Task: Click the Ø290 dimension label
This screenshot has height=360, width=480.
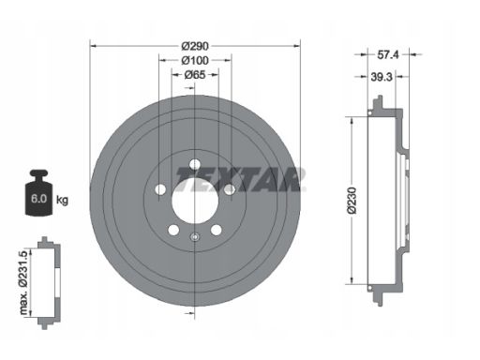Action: tap(195, 46)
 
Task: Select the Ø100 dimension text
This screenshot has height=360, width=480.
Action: tap(195, 60)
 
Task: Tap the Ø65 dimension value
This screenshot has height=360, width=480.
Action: tap(195, 75)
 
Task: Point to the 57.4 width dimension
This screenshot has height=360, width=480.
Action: tap(388, 55)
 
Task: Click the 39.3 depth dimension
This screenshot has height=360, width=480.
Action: tap(382, 77)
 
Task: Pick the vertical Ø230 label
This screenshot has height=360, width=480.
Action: tap(352, 201)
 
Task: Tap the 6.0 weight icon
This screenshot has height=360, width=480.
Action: tap(38, 193)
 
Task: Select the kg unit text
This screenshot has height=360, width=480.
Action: tap(62, 200)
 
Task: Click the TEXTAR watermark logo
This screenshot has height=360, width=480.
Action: tap(240, 179)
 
